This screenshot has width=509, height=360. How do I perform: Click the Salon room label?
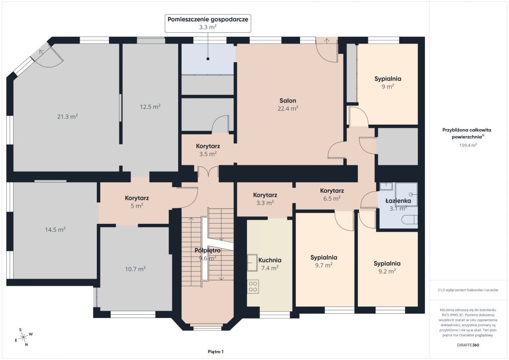click(288, 100)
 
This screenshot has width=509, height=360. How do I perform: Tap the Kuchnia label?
click(270, 260)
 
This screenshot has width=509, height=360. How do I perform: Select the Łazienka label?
click(398, 201)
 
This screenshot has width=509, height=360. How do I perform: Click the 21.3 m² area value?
click(67, 117)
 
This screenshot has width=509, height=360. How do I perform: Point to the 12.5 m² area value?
click(150, 106)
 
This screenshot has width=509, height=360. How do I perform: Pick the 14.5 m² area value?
click(55, 230)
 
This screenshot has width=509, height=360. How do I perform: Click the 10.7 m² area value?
click(135, 269)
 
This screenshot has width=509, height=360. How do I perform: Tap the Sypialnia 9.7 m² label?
click(324, 261)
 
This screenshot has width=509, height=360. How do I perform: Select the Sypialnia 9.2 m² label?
click(387, 267)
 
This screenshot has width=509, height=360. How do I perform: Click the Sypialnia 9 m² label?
click(388, 83)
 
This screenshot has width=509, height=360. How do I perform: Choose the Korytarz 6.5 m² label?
click(332, 195)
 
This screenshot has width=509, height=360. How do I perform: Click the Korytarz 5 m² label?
click(137, 202)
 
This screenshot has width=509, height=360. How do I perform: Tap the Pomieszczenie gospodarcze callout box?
click(208, 23)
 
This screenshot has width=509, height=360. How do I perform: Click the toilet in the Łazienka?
click(410, 220)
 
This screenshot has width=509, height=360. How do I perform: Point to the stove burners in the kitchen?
click(253, 286)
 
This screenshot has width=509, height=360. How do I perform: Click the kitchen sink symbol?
click(252, 262)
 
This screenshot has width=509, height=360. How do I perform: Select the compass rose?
click(23, 337)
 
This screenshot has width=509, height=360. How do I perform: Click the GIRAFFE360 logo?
click(468, 345)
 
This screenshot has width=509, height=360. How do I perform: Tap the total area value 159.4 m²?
click(468, 145)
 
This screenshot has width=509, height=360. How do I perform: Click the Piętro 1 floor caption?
click(215, 352)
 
